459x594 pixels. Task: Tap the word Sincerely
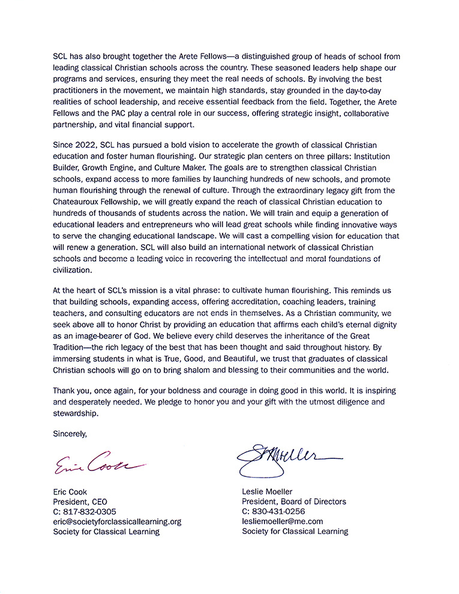tap(70, 433)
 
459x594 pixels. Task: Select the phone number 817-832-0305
tap(89, 511)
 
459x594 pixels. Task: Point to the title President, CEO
tap(80, 502)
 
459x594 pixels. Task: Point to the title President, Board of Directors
tap(293, 502)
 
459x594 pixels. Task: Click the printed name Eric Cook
tap(70, 492)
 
